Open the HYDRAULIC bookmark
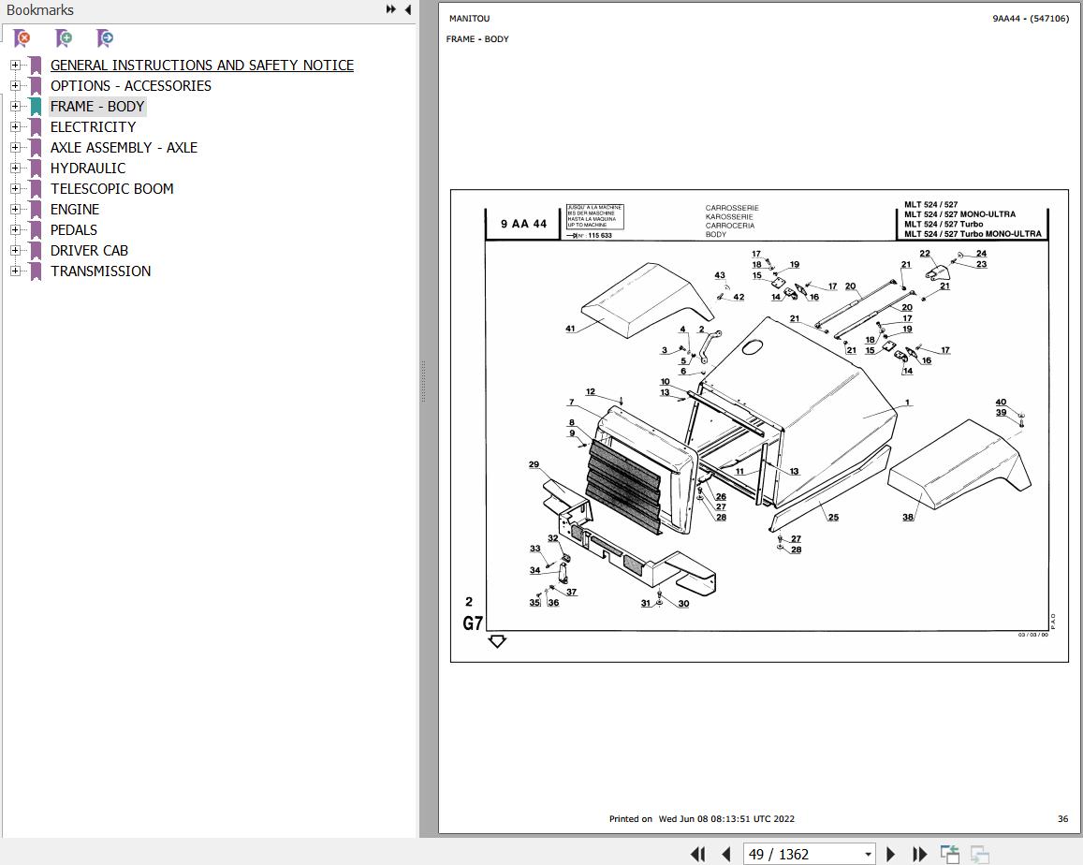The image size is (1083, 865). [x=87, y=168]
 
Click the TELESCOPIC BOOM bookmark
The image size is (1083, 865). [x=111, y=188]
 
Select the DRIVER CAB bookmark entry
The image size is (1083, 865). [x=89, y=250]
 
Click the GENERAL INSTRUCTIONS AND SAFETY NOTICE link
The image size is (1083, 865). [x=201, y=65]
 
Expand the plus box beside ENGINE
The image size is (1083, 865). [x=15, y=209]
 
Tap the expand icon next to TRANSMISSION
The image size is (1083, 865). [x=15, y=271]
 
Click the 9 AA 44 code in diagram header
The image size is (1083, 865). [x=523, y=225]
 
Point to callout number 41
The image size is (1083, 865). [x=570, y=329]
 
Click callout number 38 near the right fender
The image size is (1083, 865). [x=907, y=517]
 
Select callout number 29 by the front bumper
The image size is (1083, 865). [x=534, y=464]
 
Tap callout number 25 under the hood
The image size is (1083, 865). [x=832, y=517]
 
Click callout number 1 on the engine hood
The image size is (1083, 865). [x=906, y=403]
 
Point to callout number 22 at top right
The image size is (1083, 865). [x=925, y=254]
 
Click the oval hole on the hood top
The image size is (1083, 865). [x=753, y=346]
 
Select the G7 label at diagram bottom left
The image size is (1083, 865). [x=473, y=623]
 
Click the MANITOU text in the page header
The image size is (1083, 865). [x=469, y=19]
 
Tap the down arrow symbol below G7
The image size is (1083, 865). [x=497, y=641]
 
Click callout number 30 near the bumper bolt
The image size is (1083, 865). [x=683, y=604]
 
